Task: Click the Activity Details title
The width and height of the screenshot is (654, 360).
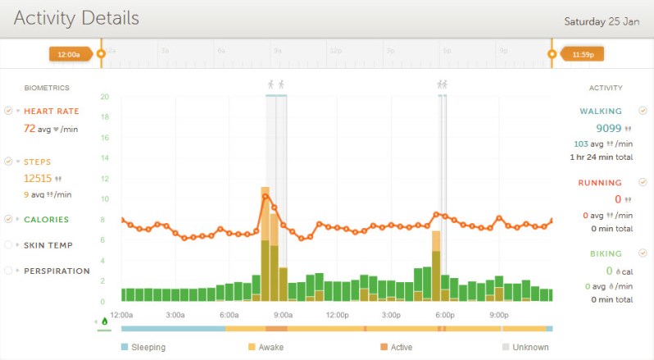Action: click(76, 18)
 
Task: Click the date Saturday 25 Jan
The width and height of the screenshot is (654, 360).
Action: click(601, 21)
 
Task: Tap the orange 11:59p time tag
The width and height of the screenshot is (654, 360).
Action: click(582, 54)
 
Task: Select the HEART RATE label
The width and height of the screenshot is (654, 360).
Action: click(51, 112)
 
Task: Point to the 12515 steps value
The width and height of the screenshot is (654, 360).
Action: click(38, 178)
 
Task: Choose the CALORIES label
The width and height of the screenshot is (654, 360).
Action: click(46, 220)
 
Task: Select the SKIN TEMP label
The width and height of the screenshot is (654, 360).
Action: click(48, 245)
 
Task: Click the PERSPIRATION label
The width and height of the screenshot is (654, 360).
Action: click(57, 271)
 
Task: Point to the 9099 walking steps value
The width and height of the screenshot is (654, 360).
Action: click(607, 128)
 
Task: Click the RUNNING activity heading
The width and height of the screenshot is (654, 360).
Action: click(600, 183)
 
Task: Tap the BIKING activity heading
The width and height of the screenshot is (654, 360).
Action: click(606, 254)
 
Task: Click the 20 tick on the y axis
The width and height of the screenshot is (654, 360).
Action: click(104, 96)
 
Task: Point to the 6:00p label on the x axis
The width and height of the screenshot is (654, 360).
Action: click(445, 315)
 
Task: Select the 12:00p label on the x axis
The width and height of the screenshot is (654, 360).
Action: click(338, 315)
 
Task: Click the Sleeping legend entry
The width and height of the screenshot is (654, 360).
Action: click(148, 348)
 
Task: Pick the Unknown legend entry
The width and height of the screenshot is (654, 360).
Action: click(530, 348)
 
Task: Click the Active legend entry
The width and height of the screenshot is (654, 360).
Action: click(402, 348)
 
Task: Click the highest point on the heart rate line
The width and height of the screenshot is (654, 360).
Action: click(266, 196)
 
